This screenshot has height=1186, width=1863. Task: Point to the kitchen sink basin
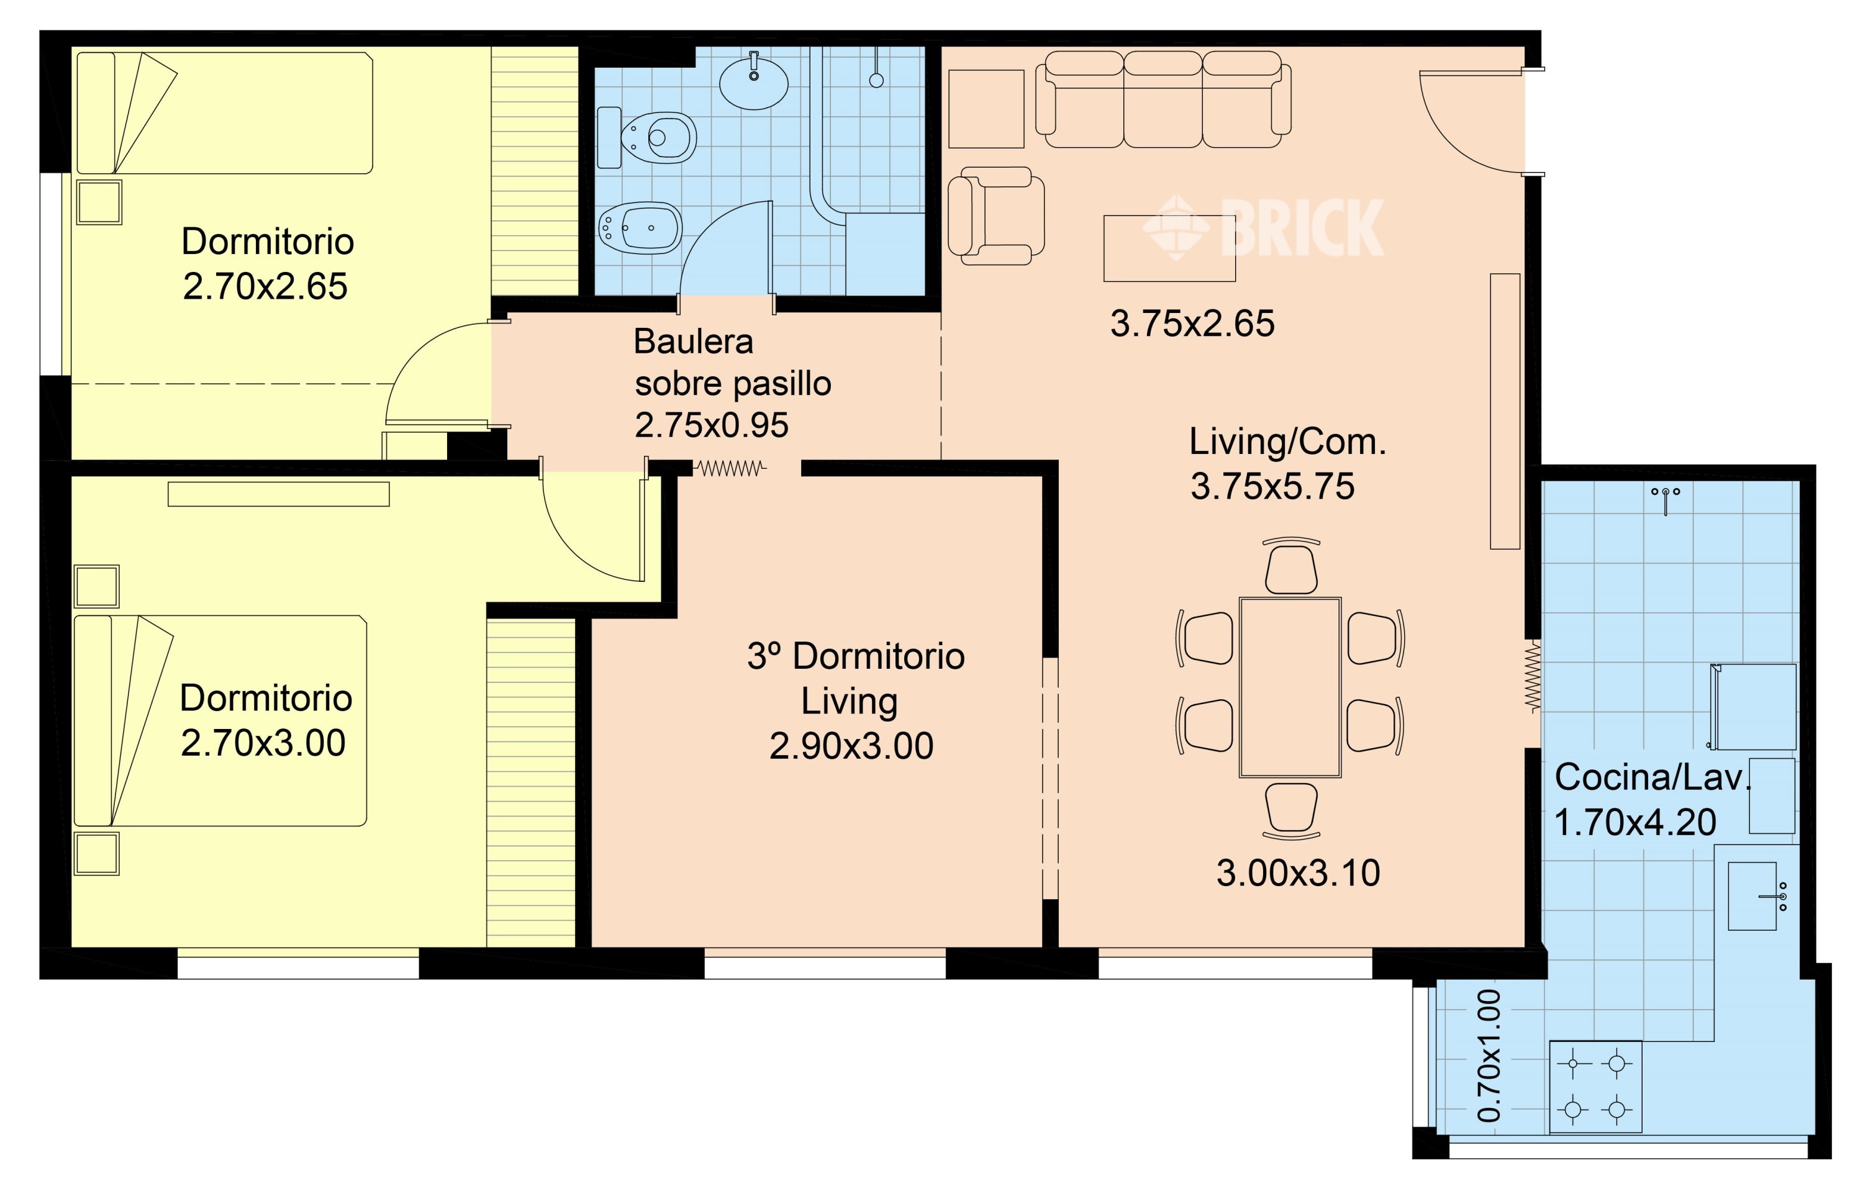(1752, 896)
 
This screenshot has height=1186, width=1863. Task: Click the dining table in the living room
(1290, 687)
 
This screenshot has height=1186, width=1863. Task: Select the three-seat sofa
(1163, 99)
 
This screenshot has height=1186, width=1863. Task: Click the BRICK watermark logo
(1263, 227)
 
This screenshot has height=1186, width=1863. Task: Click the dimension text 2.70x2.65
(265, 286)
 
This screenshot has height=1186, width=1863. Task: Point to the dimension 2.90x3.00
(851, 746)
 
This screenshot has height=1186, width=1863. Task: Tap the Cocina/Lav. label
(1652, 777)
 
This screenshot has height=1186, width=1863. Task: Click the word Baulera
(693, 341)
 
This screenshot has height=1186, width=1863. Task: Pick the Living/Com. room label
(1287, 441)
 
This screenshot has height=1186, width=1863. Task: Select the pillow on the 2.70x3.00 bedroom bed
(94, 720)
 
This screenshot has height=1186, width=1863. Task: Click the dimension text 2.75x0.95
(712, 425)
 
